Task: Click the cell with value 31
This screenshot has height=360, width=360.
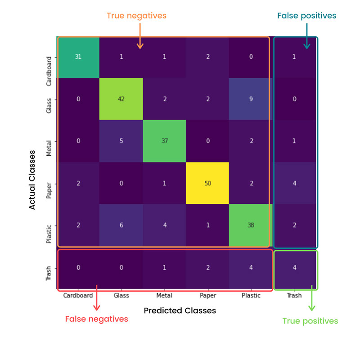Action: [78, 57]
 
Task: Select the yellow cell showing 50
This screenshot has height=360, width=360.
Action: [208, 183]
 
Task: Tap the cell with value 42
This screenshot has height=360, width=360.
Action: [121, 99]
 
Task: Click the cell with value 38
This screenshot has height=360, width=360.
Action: [251, 225]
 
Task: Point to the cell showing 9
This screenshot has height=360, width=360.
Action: [251, 99]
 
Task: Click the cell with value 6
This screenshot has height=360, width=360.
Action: [121, 225]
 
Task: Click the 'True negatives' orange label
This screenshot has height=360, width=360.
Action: [136, 16]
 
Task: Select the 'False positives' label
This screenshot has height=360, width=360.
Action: [306, 16]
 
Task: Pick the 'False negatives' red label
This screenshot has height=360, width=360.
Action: [97, 319]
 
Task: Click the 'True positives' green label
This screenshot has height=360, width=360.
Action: [310, 321]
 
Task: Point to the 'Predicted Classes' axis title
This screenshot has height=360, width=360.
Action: [180, 310]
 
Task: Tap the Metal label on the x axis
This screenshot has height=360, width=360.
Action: [165, 296]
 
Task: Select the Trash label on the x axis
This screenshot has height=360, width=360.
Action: [295, 296]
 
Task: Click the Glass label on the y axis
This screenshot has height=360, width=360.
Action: [50, 99]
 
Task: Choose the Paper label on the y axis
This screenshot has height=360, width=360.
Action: [50, 183]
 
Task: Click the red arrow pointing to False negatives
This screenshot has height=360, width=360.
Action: [96, 301]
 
